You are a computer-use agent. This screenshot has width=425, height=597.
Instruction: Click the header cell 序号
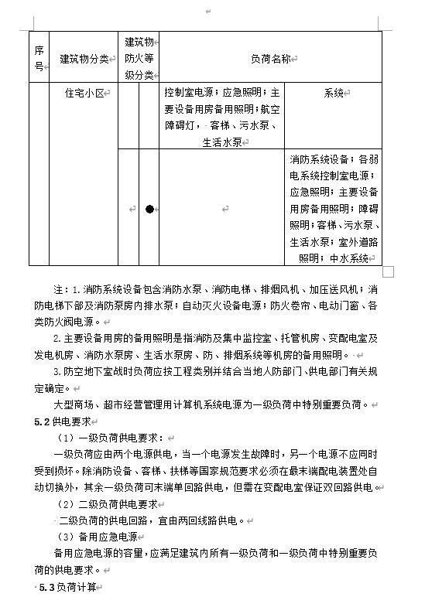click(x=39, y=58)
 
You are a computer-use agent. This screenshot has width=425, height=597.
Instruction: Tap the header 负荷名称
click(x=271, y=58)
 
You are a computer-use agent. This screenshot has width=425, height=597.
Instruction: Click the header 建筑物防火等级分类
click(x=139, y=58)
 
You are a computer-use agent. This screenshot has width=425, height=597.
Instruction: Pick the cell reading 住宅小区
click(x=87, y=94)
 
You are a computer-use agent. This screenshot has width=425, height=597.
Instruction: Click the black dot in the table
click(x=149, y=209)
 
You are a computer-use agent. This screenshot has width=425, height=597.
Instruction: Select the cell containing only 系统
click(x=334, y=94)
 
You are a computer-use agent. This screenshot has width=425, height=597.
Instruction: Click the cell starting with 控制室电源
click(x=222, y=115)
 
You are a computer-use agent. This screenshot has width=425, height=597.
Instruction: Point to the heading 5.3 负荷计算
click(x=70, y=588)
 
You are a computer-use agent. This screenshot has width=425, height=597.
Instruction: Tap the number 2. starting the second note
click(x=57, y=339)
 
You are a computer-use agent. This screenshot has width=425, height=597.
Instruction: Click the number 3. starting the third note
click(x=57, y=372)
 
